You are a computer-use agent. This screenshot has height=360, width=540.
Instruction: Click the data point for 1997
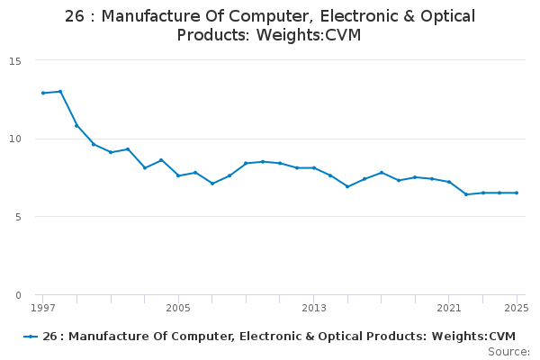43,93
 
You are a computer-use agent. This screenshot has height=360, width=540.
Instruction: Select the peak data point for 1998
60,91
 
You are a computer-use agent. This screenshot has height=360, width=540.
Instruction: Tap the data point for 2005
178,175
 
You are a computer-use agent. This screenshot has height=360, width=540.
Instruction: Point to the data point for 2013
313,168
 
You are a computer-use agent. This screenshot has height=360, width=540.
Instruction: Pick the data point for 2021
449,182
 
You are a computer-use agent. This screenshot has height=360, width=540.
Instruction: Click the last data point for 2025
517,193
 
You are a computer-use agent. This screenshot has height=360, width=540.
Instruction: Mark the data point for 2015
347,186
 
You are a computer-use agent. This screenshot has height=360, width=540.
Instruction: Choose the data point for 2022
465,194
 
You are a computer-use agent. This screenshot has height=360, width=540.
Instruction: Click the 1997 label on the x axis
43,309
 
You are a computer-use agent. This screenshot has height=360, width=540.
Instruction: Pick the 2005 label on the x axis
178,309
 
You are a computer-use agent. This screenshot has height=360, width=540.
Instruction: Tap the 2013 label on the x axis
313,309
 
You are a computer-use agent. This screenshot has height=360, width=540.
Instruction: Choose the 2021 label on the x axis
449,309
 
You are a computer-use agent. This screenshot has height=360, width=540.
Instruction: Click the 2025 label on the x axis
517,309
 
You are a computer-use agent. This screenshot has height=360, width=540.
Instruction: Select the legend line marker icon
31,337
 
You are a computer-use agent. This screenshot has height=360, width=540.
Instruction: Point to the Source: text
508,352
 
